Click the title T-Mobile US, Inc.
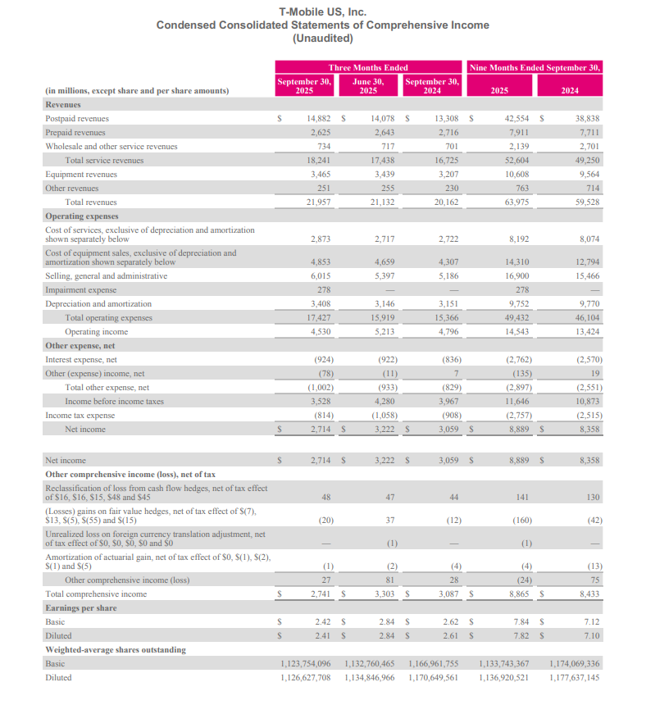[323, 11]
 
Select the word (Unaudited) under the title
[323, 38]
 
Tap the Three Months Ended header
[368, 67]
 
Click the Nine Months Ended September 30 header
[535, 67]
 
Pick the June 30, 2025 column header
[368, 86]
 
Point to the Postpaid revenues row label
[77, 119]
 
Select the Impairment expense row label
[80, 290]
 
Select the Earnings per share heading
[80, 608]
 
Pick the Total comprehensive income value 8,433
[589, 594]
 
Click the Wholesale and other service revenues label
[111, 146]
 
